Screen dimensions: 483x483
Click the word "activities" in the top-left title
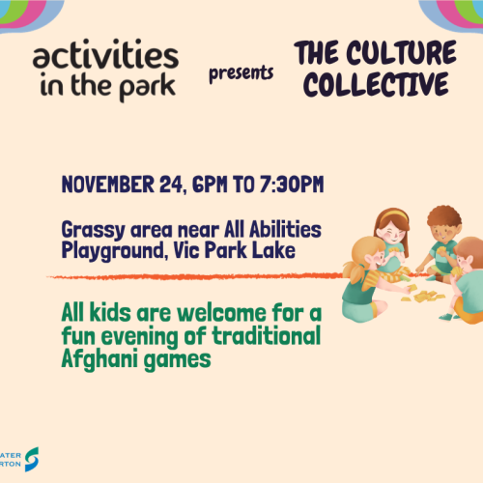[x=103, y=57]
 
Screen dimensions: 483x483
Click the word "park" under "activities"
[x=148, y=86]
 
